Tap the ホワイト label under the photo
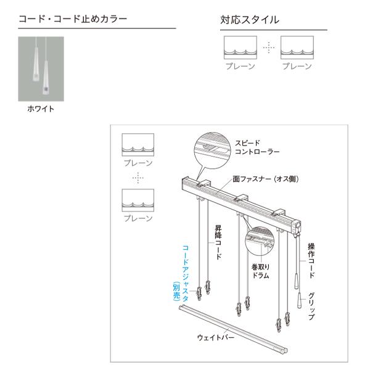[41, 109]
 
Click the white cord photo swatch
[41, 68]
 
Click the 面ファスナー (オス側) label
[266, 179]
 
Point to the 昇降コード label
[218, 242]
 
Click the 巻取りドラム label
[260, 271]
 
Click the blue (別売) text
[176, 292]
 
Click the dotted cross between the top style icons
[267, 47]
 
